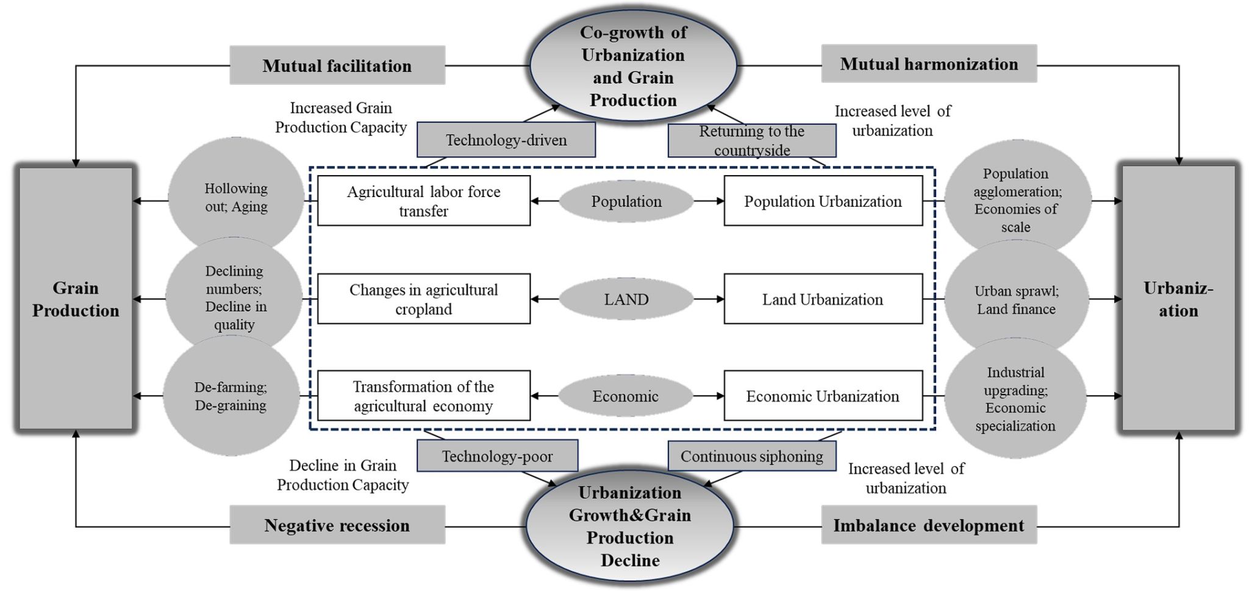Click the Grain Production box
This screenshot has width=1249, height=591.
coord(76,299)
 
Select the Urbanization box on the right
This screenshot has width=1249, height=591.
coord(1178,299)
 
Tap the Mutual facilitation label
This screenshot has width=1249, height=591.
coord(337,65)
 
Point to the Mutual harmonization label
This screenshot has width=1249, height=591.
coord(929,63)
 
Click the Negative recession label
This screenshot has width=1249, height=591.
coord(337,525)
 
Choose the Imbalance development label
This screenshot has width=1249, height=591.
coord(929,525)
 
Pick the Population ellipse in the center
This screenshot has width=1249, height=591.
coord(626,201)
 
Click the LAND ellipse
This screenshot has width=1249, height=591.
coord(626,299)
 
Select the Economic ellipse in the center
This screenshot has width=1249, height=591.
coord(626,396)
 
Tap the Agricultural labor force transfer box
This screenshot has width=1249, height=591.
coord(424,201)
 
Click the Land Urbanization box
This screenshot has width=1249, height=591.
coord(823,299)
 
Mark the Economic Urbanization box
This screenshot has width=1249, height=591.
coord(823,396)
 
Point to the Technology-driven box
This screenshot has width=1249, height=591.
coord(506,140)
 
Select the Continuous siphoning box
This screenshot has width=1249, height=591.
coord(752,456)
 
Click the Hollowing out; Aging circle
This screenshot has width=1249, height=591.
coord(236,197)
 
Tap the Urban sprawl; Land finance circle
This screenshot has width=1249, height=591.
coord(1016,299)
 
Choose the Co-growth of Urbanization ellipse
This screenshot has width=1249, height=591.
coord(633,66)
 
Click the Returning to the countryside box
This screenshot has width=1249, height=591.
coord(752,141)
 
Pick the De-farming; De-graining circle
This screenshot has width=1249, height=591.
coord(231,396)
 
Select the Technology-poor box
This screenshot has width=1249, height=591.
coord(497,456)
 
